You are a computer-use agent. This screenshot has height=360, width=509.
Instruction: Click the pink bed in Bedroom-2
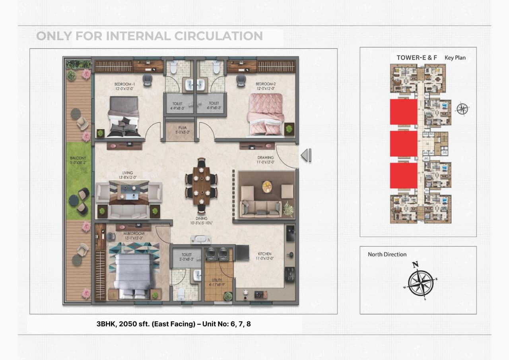(266, 115)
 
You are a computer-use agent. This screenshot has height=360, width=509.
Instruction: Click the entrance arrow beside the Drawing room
(306, 155)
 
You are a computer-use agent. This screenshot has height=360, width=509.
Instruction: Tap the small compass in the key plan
(462, 109)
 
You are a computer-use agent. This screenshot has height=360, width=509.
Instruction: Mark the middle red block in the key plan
(404, 144)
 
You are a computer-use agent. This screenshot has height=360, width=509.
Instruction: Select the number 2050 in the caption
(127, 324)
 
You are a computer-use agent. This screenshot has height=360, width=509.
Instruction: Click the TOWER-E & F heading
(417, 58)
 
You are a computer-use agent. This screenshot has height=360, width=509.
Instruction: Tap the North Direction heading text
(387, 255)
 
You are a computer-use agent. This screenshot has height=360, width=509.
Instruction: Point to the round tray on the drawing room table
(267, 185)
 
